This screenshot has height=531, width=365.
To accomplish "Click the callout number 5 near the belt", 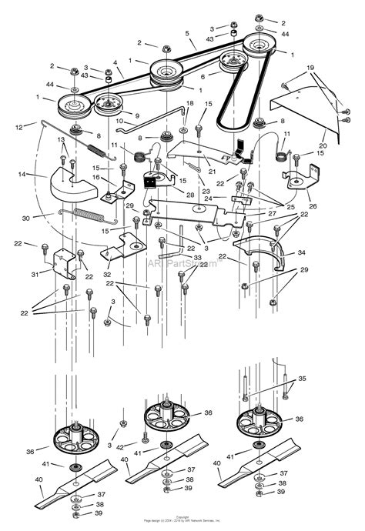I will (x=186, y=34).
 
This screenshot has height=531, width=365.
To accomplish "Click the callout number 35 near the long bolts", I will (x=301, y=379).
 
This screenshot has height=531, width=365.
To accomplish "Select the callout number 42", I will (x=119, y=446).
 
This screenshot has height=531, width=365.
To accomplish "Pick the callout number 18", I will (x=190, y=102).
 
